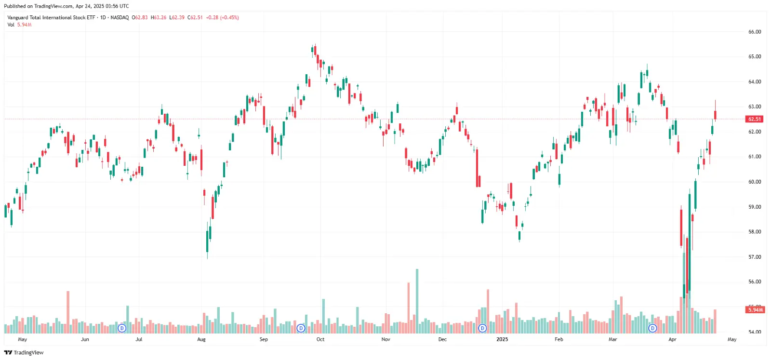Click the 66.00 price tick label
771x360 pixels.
(754, 32)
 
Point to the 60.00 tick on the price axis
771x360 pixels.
(754, 182)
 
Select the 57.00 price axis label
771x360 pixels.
(754, 257)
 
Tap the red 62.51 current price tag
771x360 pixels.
(754, 119)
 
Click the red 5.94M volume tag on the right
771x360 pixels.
(755, 310)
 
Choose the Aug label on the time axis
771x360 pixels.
(201, 339)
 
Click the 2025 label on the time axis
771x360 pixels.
(502, 339)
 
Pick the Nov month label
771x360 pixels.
(385, 339)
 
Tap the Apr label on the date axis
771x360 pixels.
(672, 339)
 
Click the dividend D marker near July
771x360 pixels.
(122, 328)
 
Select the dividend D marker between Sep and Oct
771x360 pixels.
(301, 328)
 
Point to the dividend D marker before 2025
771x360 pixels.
(482, 328)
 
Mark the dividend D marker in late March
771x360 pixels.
(652, 328)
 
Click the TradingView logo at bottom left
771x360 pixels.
(24, 352)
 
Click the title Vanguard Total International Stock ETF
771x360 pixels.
(51, 17)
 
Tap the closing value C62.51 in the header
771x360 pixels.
(195, 17)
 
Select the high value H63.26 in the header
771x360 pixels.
(158, 17)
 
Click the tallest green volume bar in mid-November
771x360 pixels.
(417, 301)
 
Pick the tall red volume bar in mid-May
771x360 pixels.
(68, 312)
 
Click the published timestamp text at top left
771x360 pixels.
(66, 6)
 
